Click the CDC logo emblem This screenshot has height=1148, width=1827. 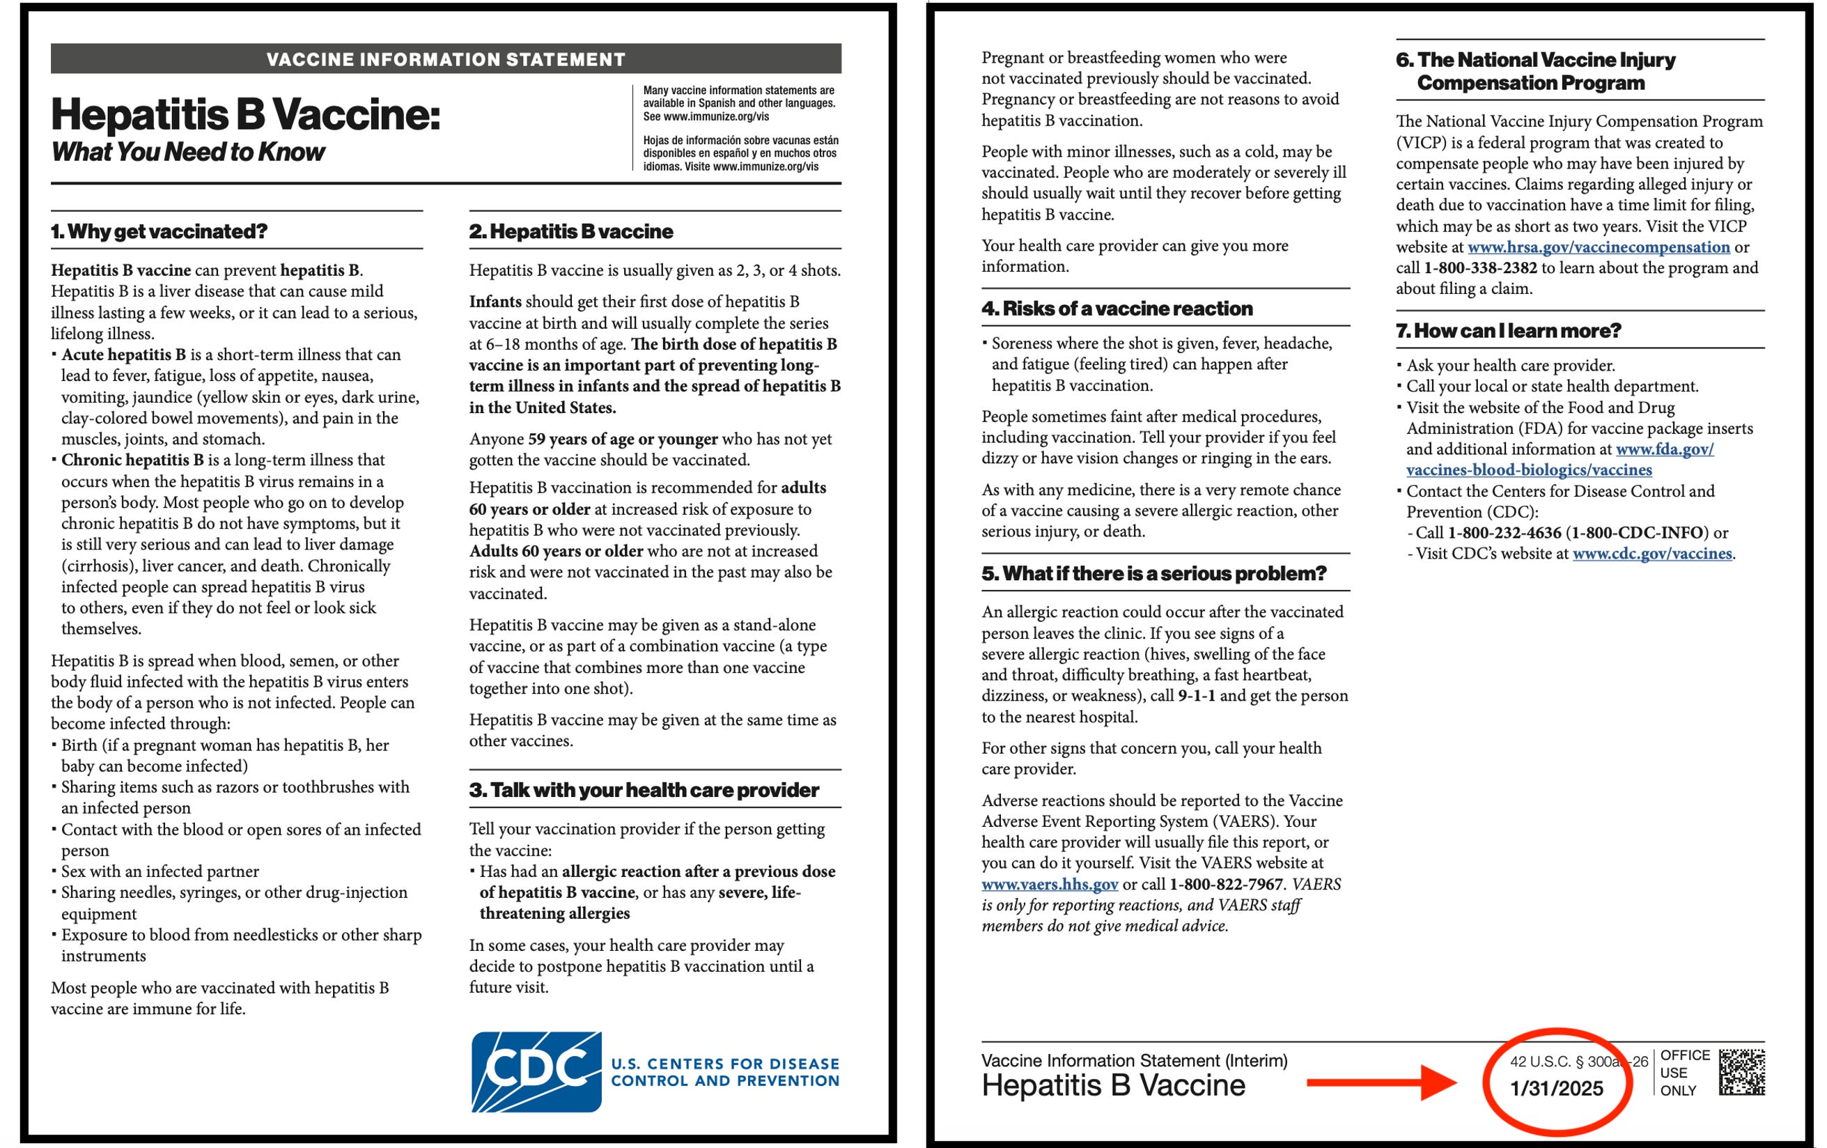tap(536, 1071)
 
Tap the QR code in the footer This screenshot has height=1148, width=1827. tap(1741, 1071)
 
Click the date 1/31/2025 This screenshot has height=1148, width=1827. tap(1556, 1088)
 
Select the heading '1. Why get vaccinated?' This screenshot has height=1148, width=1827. tap(160, 231)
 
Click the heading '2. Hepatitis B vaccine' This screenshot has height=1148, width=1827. tap(570, 231)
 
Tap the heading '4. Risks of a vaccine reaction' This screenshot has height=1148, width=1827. tap(1117, 308)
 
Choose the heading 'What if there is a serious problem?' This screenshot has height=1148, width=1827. tap(1153, 573)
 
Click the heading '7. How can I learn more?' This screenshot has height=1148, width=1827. tap(1509, 331)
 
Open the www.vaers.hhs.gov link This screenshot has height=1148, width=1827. tap(1049, 884)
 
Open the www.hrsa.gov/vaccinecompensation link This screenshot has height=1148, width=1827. tap(1599, 247)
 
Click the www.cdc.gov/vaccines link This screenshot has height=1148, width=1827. tap(1651, 553)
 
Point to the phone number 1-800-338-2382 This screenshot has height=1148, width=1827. tap(1480, 267)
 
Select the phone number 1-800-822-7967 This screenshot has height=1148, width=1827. tap(1226, 884)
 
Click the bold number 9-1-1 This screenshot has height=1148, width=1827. tap(1197, 695)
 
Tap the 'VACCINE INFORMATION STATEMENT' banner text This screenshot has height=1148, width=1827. tap(446, 59)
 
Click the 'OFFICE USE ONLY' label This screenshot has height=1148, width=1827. tap(1684, 1072)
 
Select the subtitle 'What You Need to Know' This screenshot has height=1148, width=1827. tap(188, 152)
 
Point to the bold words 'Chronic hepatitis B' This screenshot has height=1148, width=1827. tap(132, 460)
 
